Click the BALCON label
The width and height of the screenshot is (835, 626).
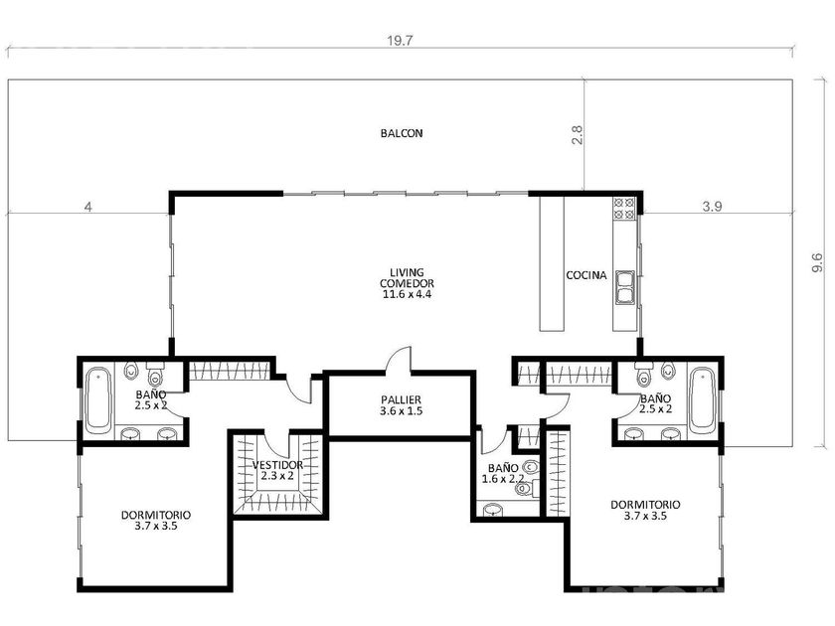[402, 133]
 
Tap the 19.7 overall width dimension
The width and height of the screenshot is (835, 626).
[400, 41]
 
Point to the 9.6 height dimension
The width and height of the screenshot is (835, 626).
[817, 263]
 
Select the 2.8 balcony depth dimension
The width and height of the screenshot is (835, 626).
[577, 134]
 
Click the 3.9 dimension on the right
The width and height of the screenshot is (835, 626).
[712, 207]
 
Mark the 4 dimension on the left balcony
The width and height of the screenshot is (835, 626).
[88, 207]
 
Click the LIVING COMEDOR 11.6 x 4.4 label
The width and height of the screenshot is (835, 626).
[407, 283]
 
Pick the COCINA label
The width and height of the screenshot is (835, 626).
[585, 275]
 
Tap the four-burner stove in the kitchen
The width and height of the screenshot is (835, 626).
[624, 209]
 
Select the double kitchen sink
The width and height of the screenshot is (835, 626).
[624, 287]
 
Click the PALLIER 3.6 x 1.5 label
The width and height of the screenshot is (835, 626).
[401, 405]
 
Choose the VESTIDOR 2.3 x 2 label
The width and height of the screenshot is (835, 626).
[277, 470]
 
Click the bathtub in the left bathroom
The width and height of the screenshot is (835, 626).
[98, 399]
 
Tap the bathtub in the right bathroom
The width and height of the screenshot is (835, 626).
[703, 400]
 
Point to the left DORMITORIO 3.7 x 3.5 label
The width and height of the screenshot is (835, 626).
[155, 521]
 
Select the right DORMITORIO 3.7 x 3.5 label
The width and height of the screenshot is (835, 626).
[645, 510]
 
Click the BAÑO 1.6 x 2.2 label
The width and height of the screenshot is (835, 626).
[503, 473]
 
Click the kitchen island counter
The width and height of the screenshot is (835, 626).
[552, 263]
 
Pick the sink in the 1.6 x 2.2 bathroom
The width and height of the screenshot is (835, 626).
[494, 510]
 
